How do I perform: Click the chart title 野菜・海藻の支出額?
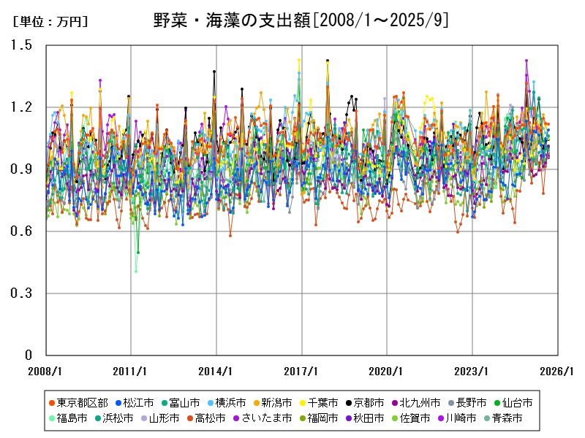click(301, 20)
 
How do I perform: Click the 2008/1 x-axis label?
click(45, 371)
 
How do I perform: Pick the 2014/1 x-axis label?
click(216, 371)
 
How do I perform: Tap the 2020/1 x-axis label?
click(388, 371)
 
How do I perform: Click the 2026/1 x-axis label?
click(559, 371)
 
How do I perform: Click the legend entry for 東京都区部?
click(78, 402)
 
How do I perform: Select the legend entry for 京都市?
click(364, 402)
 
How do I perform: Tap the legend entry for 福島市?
click(67, 419)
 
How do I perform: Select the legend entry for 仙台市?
click(512, 402)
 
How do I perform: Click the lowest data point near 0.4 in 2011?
click(135, 272)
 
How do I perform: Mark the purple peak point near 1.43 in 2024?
click(526, 61)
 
